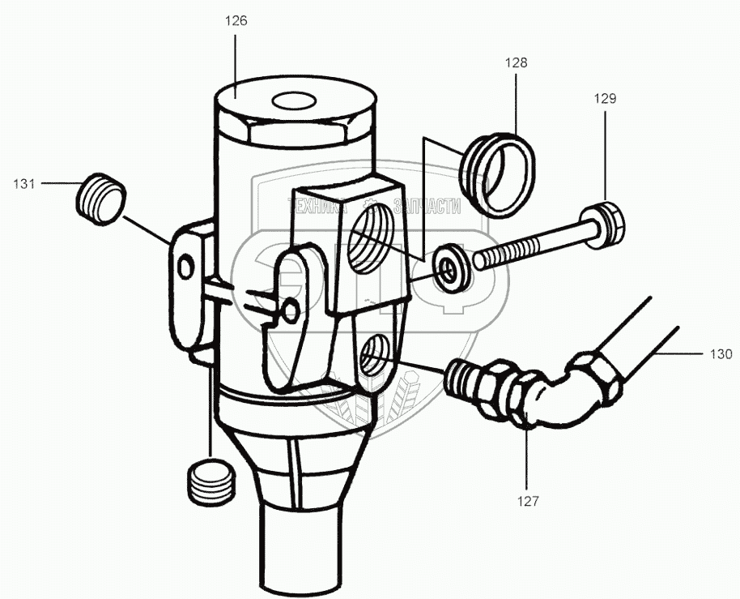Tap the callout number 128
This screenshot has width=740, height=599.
coord(517,62)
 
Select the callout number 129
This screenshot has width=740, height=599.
coord(606,100)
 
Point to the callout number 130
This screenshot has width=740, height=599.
coord(721,354)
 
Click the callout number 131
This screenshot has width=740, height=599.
coord(24,184)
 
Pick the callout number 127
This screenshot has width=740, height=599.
coord(529,501)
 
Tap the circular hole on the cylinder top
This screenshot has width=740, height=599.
coord(295,102)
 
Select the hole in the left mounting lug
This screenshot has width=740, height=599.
coord(187,264)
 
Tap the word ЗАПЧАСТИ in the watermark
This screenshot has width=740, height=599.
coord(427,206)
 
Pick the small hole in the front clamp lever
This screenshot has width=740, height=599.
coord(291,307)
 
